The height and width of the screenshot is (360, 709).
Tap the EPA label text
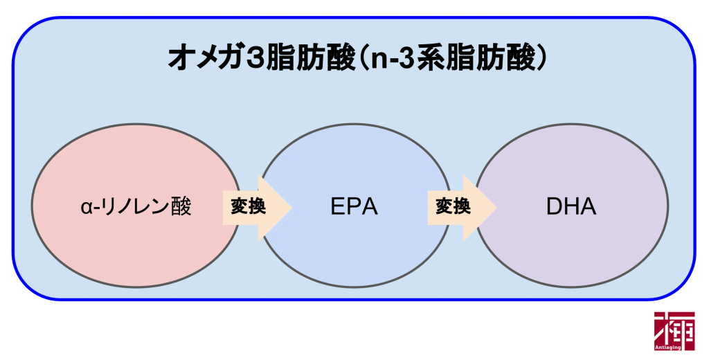[x=354, y=207]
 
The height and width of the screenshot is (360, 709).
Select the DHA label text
[x=571, y=207]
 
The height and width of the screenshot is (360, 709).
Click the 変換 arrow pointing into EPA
[x=256, y=207]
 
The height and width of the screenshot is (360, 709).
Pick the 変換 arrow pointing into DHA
[x=461, y=207]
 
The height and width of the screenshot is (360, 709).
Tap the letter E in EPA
[x=336, y=207]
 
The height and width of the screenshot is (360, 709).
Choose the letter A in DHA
[x=588, y=207]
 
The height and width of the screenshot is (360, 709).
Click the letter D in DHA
[x=553, y=207]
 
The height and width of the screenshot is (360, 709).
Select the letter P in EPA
[x=354, y=207]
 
